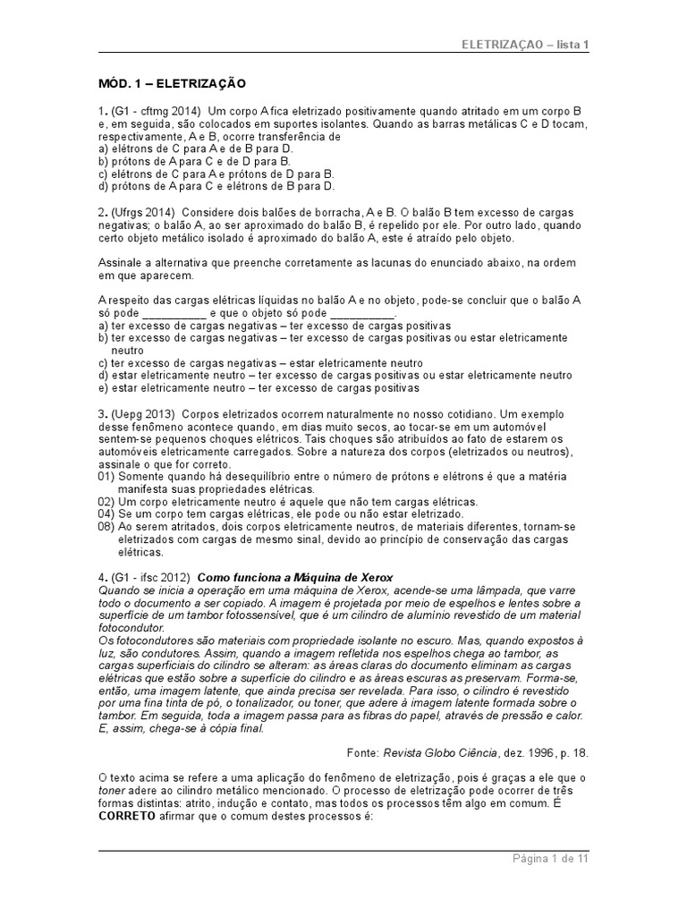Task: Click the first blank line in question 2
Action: point(174,314)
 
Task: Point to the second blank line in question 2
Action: point(362,314)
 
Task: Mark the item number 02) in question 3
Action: point(106,502)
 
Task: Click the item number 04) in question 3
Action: point(106,514)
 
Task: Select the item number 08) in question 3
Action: point(106,527)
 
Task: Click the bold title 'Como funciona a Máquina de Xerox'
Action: point(295,576)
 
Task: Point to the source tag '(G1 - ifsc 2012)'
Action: point(151,576)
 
